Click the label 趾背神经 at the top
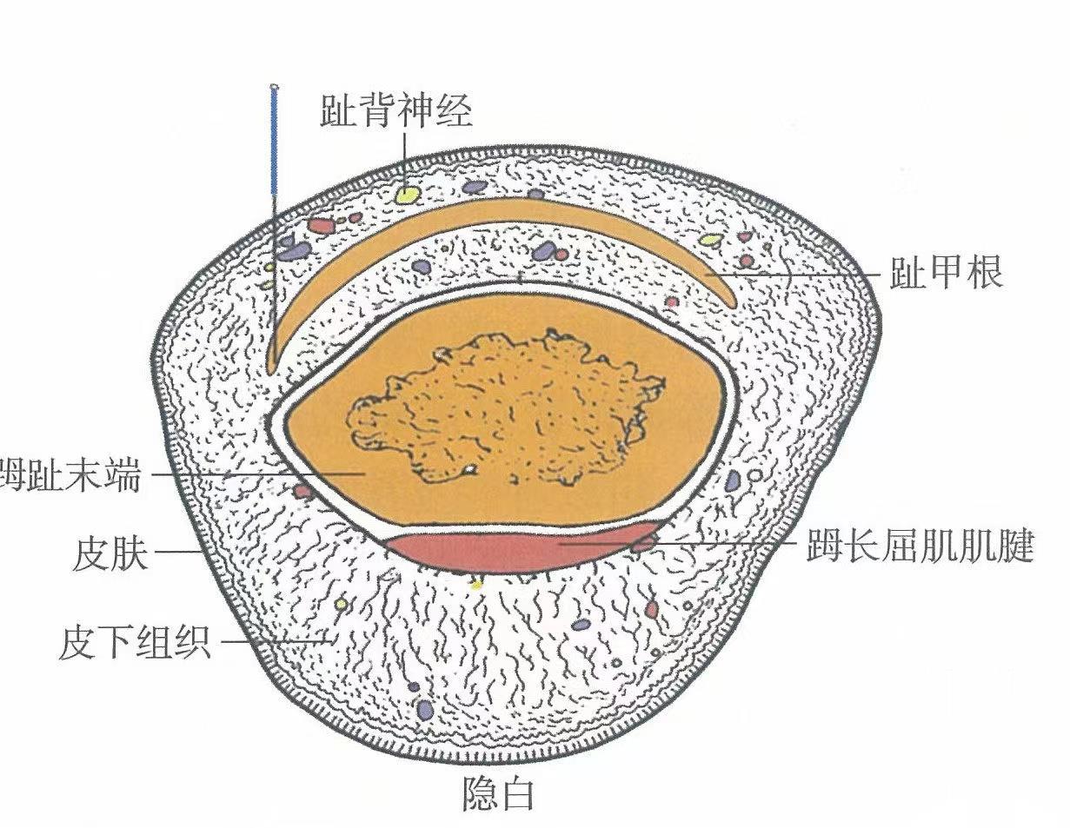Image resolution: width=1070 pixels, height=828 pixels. coord(396,112)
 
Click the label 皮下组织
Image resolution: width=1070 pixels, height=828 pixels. coord(135,644)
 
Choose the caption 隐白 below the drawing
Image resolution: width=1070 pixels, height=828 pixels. coord(497,794)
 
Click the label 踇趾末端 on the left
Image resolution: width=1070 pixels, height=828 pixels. coord(70,476)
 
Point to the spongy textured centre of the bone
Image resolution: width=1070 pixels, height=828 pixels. coord(504,408)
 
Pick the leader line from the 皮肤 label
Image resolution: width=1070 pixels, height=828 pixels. coord(179,553)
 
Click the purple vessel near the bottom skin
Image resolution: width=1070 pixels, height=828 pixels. coord(425,710)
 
